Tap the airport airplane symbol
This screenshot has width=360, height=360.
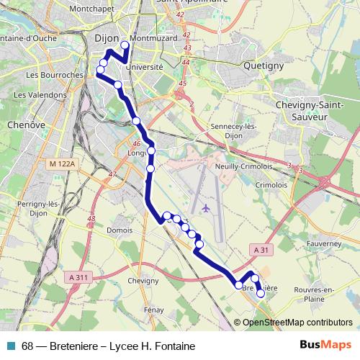pos(207,209)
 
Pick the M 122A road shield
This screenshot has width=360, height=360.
pos(63,166)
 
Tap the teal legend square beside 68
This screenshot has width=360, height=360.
pos(12,346)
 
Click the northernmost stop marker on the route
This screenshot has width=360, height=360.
pos(125,45)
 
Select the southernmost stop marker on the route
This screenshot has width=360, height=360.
pos(261,294)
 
